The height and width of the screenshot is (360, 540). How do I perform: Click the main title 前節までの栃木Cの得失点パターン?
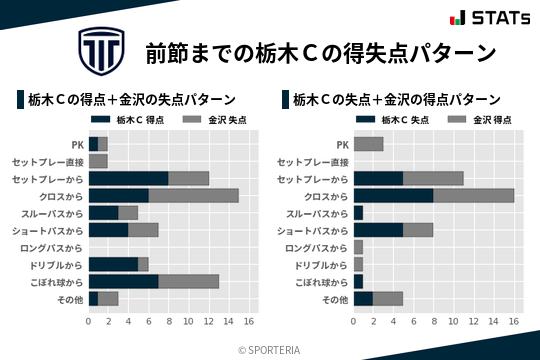tap(320, 52)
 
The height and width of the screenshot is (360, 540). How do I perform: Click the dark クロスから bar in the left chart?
tap(118, 195)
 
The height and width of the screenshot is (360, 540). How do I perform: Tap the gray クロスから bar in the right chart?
tap(473, 195)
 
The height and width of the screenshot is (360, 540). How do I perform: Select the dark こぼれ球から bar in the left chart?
tap(123, 281)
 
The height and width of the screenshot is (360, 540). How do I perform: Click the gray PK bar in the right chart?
tap(368, 144)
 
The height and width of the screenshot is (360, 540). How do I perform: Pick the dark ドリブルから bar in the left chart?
tap(113, 264)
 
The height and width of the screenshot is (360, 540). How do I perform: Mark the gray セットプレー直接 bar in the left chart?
tap(98, 161)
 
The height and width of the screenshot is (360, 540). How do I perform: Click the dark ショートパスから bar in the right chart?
tap(378, 230)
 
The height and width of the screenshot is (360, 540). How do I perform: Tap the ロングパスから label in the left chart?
tap(53, 247)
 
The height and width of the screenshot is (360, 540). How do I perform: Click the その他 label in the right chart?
tap(333, 298)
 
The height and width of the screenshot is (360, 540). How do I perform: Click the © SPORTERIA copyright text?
tap(270, 349)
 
